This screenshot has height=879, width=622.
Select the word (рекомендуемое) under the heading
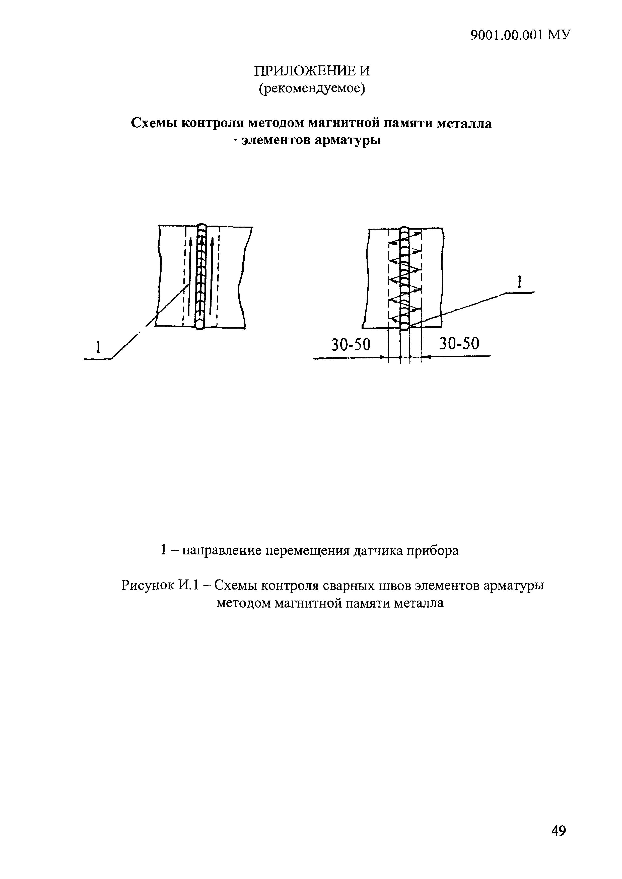coord(312,89)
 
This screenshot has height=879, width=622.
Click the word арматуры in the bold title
coord(348,141)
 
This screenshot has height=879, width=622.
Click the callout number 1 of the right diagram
coord(519,282)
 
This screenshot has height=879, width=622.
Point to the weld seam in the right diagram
coord(404,277)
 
